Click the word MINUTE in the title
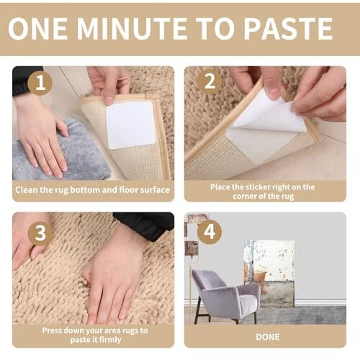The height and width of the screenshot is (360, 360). pos(132,29)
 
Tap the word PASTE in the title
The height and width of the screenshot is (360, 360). pos(288,29)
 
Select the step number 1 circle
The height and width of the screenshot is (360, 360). pos(40,83)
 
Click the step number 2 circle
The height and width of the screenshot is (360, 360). pos(210,81)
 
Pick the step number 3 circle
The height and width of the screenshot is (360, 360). pos(40,233)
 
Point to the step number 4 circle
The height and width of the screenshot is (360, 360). pos(210,232)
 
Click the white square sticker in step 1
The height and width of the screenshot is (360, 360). pos(131,125)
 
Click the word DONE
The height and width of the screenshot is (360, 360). pos(268,337)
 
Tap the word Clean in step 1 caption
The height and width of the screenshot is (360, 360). pos(27,190)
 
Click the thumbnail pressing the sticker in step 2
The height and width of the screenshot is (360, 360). pos(272,90)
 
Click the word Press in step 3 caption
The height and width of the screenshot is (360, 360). pos(51,330)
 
